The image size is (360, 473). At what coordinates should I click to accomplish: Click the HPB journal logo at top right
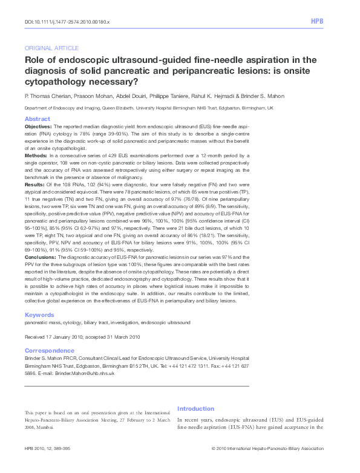click(317, 21)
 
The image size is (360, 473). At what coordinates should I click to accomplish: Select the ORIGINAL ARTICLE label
click(51, 48)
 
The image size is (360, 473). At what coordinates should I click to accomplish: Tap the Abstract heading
click(37, 119)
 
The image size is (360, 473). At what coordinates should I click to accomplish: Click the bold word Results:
click(35, 184)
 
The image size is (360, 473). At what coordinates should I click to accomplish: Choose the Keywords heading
click(39, 315)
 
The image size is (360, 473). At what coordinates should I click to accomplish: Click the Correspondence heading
click(50, 351)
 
